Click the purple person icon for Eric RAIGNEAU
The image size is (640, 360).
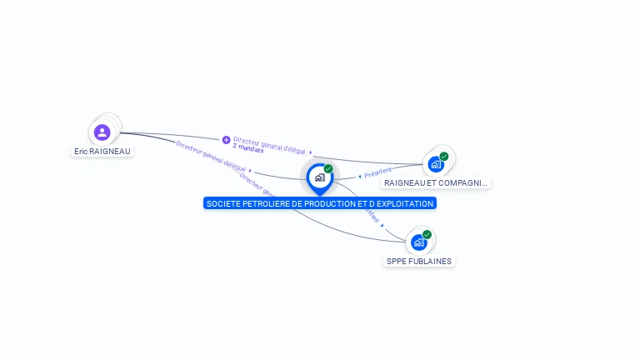coord(102,132)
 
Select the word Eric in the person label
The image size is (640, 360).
coord(81,152)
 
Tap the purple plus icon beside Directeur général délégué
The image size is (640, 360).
coord(226,140)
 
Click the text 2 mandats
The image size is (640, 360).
coord(248,148)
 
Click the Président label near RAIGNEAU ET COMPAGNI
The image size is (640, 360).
coord(377,172)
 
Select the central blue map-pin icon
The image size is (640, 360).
coord(319,177)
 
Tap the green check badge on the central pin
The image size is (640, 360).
coord(328,169)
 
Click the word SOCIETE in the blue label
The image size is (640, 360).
coord(222,203)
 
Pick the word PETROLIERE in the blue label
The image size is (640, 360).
coord(266,203)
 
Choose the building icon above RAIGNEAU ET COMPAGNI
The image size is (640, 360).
coord(435,163)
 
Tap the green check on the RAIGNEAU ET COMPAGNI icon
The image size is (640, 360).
coord(444,156)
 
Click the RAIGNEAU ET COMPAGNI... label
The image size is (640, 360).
coord(436,182)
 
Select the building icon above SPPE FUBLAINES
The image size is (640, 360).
coord(418,242)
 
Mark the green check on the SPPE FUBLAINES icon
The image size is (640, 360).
coord(427,235)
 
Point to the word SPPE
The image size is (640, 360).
coord(396,261)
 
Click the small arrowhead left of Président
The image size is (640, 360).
coord(359,177)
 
